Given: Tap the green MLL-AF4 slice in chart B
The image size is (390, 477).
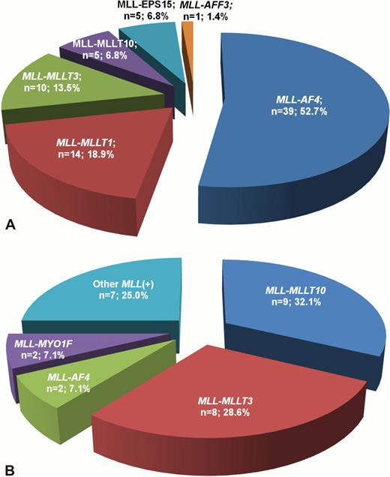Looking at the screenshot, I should click(67, 382).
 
